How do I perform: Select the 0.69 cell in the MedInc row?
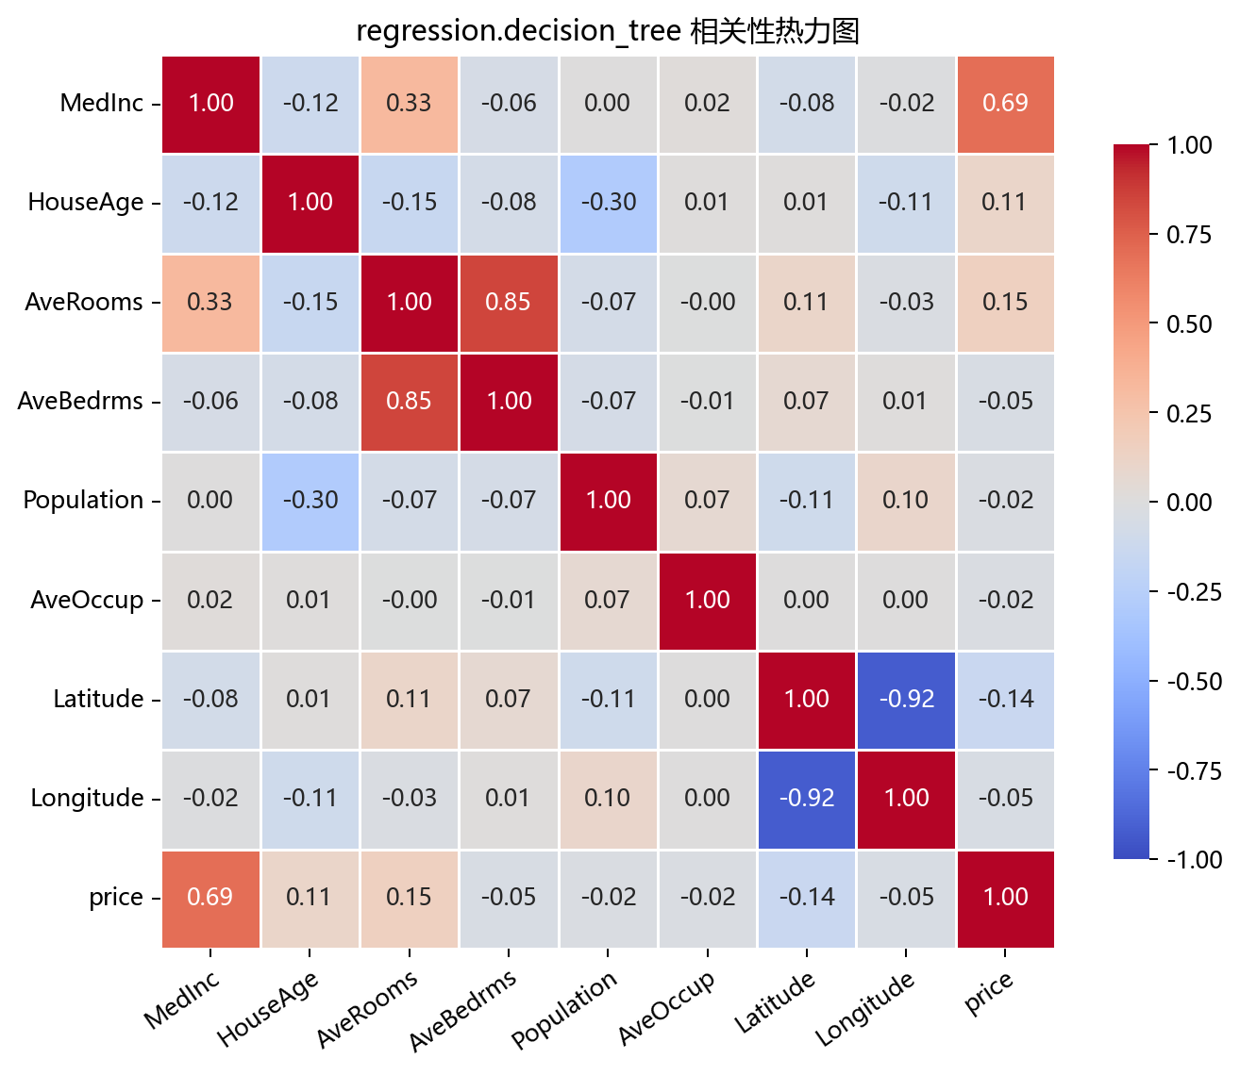coord(1005,104)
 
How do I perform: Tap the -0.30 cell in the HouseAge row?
coord(609,204)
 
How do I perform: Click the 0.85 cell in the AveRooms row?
coord(509,303)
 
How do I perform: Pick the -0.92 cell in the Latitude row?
coord(906,700)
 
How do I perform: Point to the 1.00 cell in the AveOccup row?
coord(707,601)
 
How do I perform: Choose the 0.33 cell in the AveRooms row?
coord(210,303)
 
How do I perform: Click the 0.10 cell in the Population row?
coord(906,502)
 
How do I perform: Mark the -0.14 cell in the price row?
coord(807,899)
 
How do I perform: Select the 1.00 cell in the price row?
coord(1005,899)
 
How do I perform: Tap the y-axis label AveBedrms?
coord(80,401)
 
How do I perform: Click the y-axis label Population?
coord(83,501)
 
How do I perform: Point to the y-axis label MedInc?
coord(101,103)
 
